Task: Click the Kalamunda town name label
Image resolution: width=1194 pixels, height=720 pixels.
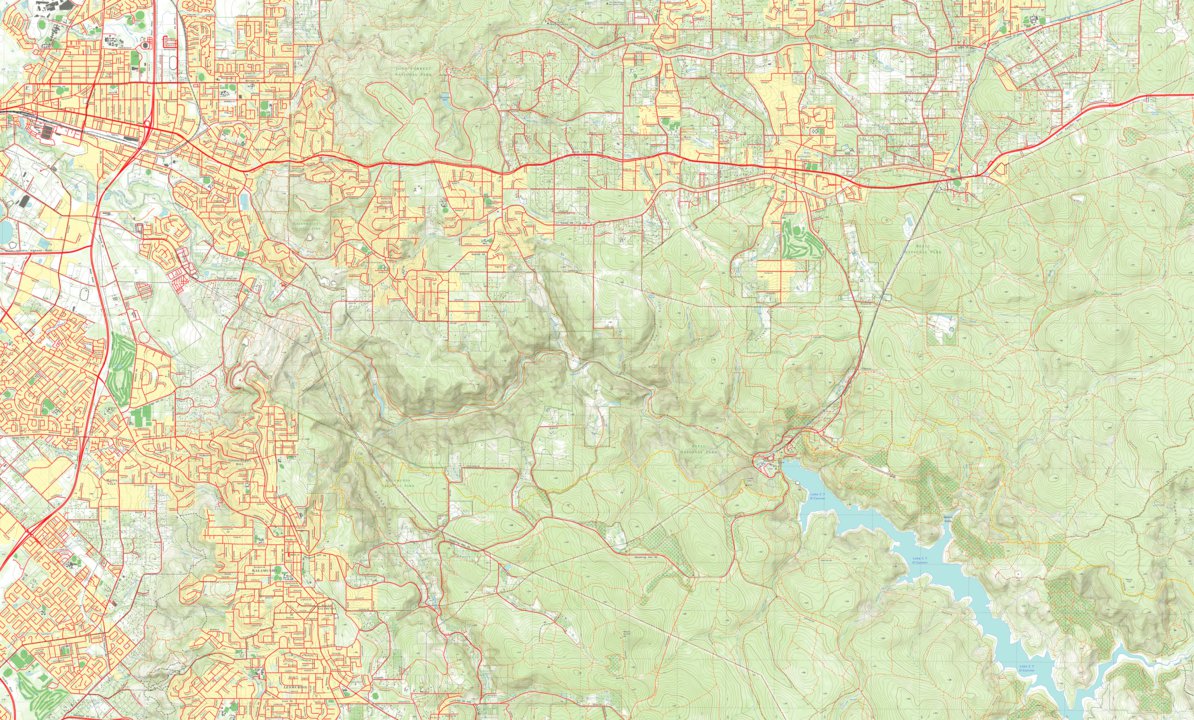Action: pyautogui.click(x=262, y=573)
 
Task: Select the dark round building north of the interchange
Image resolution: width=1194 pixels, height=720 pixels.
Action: pyautogui.click(x=146, y=45)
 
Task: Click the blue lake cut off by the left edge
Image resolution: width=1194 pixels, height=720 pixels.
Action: pyautogui.click(x=5, y=232)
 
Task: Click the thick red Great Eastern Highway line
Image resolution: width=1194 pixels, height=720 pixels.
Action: pyautogui.click(x=600, y=157)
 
